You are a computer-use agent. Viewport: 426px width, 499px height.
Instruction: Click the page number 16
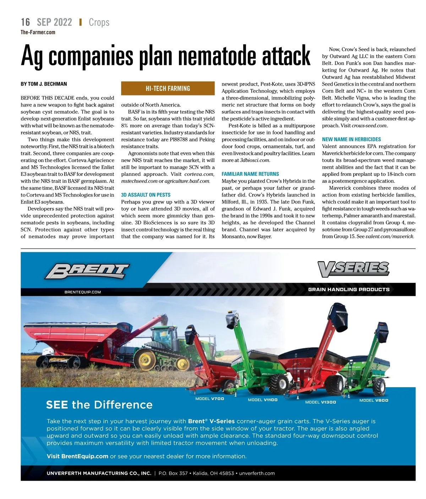tap(25, 22)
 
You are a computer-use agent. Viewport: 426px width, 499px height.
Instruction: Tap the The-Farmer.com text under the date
tap(38, 32)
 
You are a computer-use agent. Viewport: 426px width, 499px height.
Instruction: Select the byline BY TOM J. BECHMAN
tap(44, 84)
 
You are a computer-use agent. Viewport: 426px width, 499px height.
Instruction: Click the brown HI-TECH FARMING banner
tap(168, 88)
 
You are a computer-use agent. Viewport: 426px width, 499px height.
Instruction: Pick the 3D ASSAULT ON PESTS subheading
tap(146, 195)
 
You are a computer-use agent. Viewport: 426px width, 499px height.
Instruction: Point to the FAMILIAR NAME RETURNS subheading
tap(250, 174)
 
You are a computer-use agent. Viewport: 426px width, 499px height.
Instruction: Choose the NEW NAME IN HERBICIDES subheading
tap(351, 140)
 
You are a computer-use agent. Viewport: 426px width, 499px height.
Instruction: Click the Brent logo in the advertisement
tap(87, 272)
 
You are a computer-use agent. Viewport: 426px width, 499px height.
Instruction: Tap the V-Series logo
tap(353, 269)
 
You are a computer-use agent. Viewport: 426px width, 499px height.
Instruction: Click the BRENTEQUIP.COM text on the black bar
tap(83, 292)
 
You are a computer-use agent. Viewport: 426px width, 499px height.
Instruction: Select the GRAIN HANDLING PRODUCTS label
tap(349, 289)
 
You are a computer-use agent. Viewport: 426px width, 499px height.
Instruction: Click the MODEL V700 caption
tap(210, 399)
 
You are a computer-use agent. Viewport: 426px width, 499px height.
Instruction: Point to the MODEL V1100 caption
tap(263, 400)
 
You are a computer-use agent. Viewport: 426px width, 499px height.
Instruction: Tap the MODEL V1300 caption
tap(321, 402)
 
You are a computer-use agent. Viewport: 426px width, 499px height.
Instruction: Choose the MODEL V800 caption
tap(374, 400)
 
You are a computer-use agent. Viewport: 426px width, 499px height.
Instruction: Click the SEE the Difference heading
tap(99, 405)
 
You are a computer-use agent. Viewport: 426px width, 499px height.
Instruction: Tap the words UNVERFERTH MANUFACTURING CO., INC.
tap(99, 473)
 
